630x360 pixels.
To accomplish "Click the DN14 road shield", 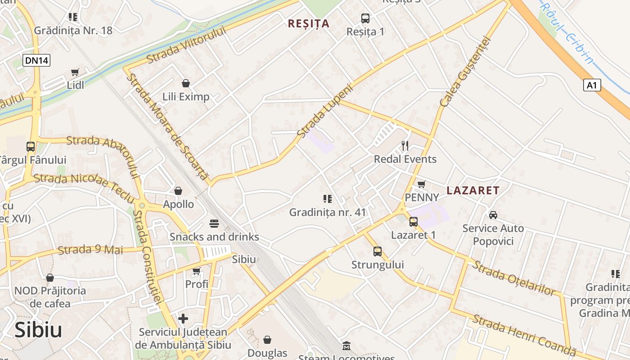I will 36,60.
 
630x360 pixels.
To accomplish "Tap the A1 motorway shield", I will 592,85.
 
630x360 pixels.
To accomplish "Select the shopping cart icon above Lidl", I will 75,72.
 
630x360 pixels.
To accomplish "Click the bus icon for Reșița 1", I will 365,18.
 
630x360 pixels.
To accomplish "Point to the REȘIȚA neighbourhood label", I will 309,23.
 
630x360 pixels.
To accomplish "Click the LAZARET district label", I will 473,190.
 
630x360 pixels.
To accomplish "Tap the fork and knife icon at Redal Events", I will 405,145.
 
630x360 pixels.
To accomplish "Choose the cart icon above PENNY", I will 421,184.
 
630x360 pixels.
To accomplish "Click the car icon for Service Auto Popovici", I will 493,215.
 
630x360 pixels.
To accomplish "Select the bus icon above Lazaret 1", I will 413,221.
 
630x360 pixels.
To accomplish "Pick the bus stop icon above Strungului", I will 377,251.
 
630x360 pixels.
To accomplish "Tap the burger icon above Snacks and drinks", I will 214,224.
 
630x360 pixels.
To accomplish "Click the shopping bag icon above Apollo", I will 178,191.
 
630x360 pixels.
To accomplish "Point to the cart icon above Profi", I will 196,271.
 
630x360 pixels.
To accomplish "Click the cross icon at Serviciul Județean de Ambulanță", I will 183,319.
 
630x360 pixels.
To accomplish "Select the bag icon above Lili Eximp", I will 185,83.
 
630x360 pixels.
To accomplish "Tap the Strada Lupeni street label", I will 325,110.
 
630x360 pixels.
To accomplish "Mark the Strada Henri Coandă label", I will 524,334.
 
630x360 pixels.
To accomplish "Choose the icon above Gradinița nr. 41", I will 327,198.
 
